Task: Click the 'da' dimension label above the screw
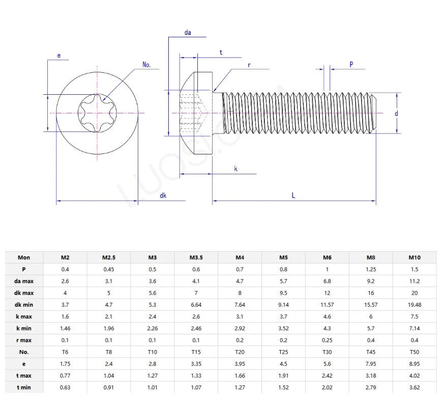point(188,33)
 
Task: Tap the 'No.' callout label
point(147,65)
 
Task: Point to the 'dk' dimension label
point(163,195)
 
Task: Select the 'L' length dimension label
point(293,195)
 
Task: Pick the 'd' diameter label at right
point(396,114)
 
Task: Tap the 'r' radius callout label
point(249,65)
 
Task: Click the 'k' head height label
point(236,168)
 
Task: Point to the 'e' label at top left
point(59,56)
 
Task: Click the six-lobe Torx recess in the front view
point(97,113)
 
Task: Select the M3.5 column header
point(196,257)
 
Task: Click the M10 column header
point(415,257)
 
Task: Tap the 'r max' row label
point(23,340)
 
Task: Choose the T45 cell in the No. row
point(371,352)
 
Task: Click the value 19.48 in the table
point(415,305)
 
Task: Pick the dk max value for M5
point(283,293)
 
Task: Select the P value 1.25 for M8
point(371,269)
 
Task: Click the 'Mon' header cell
point(23,257)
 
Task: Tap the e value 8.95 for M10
point(415,364)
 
